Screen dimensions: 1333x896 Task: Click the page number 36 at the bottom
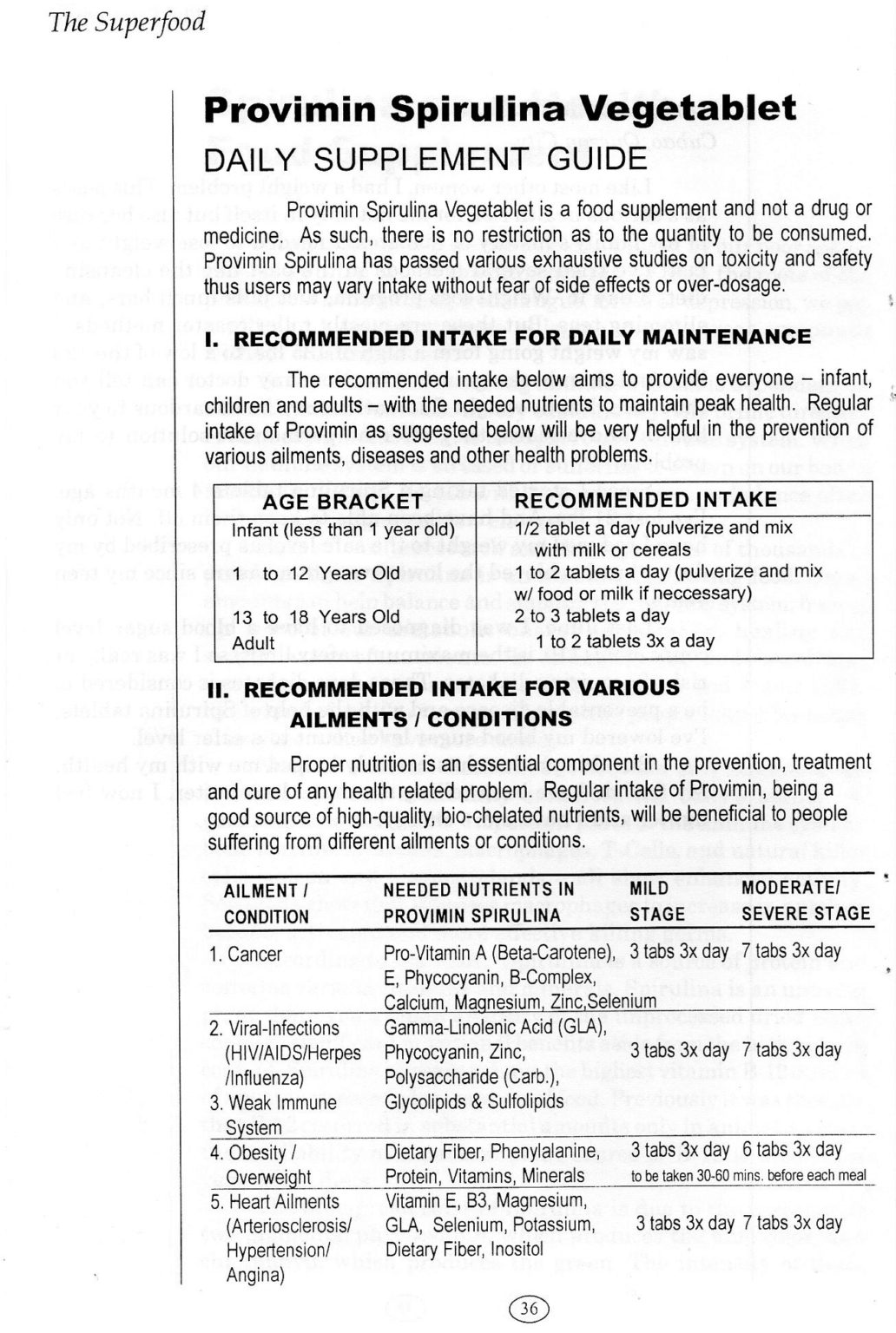530,1309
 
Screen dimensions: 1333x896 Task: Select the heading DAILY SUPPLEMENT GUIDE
425,160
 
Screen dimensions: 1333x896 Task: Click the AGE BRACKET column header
342,502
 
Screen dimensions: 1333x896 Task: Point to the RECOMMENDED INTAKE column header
645,500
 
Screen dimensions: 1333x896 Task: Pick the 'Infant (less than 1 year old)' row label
344,529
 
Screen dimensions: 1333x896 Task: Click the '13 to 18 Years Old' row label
316,617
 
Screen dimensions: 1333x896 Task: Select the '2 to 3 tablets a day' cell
591,616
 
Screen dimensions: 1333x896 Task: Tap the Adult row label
253,643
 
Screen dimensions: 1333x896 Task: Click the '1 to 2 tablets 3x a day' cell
625,641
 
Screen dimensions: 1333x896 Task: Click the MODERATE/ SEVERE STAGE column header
805,901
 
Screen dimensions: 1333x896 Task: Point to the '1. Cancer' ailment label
246,955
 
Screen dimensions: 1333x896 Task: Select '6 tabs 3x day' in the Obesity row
792,1150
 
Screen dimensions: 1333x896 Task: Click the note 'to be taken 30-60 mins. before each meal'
748,1176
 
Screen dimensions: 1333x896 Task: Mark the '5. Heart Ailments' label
274,1202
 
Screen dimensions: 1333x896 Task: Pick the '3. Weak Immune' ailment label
273,1103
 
